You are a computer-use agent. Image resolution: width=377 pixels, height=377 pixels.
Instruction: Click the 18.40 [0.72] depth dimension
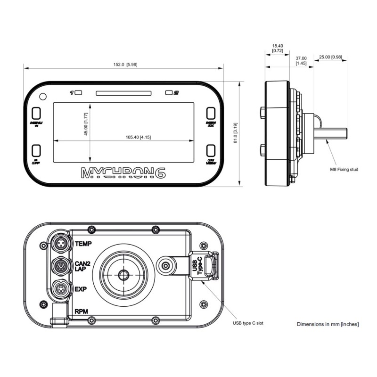click(278, 48)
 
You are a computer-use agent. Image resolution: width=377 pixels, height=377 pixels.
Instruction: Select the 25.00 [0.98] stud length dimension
click(330, 57)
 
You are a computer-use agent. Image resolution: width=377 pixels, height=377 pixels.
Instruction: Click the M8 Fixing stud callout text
click(345, 169)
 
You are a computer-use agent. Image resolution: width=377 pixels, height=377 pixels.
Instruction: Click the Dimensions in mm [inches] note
click(328, 324)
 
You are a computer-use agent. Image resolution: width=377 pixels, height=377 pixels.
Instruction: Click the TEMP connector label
click(83, 244)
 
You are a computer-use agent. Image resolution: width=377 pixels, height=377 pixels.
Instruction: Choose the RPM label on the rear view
click(81, 311)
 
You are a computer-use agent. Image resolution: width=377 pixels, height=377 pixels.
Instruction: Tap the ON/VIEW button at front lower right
click(211, 151)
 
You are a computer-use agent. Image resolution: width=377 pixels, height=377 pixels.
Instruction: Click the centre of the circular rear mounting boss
click(123, 274)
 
